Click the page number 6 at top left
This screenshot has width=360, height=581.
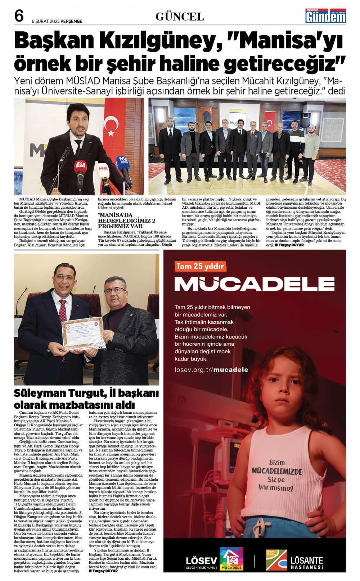[19, 16]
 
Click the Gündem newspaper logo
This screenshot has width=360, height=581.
[325, 16]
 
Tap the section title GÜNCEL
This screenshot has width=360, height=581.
[180, 17]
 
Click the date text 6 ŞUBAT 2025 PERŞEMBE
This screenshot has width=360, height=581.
[57, 21]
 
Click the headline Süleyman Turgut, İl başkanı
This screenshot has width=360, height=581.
[86, 393]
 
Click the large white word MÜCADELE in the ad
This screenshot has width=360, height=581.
[254, 284]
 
